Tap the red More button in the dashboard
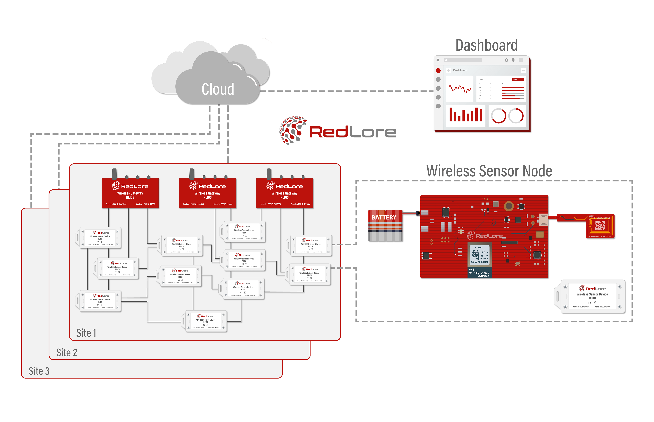pos(518,79)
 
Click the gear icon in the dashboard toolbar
pos(506,60)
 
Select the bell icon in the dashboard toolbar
pos(513,60)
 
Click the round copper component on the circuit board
pos(509,206)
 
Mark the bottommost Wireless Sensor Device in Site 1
pos(206,321)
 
